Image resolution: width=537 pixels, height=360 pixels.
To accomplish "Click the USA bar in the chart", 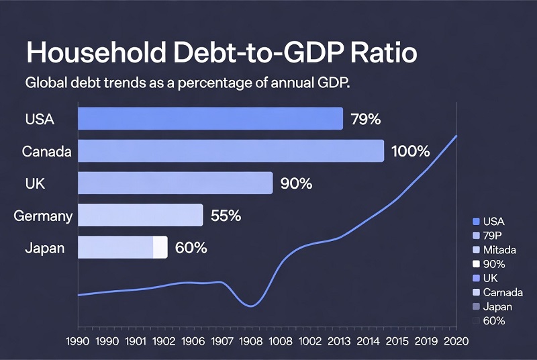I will tap(210, 119).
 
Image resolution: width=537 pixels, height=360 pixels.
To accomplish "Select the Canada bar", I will tap(231, 151).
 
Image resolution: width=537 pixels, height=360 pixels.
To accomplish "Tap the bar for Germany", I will tap(140, 216).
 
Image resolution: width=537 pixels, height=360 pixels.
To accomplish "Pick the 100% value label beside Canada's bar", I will tap(410, 151).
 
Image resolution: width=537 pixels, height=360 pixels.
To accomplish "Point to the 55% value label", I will tap(226, 216).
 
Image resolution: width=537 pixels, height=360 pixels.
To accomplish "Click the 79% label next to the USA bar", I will tap(366, 120).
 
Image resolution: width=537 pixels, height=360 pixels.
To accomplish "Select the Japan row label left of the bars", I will tap(44, 248).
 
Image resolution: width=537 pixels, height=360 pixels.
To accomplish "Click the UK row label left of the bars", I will tap(35, 183).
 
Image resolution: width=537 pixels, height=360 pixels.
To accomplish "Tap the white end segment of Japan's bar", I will tap(160, 247).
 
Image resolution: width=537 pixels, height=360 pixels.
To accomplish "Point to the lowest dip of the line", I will tap(251, 306).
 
